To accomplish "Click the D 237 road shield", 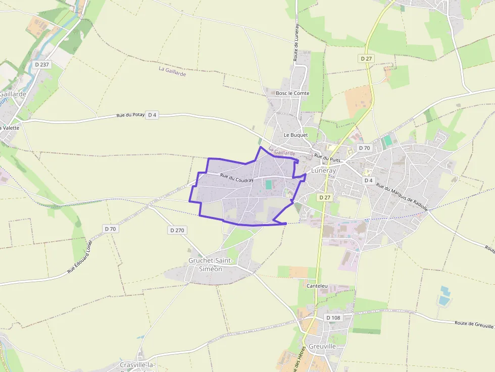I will pyautogui.click(x=42, y=65).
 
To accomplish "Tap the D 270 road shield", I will pyautogui.click(x=177, y=230).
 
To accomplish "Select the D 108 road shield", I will pyautogui.click(x=333, y=317).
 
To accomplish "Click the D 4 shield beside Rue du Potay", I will pyautogui.click(x=153, y=115).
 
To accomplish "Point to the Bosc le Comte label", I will pyautogui.click(x=292, y=93).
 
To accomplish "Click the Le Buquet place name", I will pyautogui.click(x=295, y=135).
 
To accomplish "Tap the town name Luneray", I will pyautogui.click(x=323, y=171).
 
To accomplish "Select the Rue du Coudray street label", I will pyautogui.click(x=236, y=178).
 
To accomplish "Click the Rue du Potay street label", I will pyautogui.click(x=130, y=116).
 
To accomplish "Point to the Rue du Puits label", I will pyautogui.click(x=327, y=158).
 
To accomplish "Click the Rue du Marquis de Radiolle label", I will pyautogui.click(x=402, y=197).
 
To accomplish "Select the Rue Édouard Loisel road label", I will pyautogui.click(x=81, y=257).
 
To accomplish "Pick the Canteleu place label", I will pyautogui.click(x=317, y=286).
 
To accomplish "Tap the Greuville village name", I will pyautogui.click(x=322, y=347).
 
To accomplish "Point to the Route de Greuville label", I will pyautogui.click(x=474, y=324).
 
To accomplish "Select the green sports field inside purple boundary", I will pyautogui.click(x=269, y=185).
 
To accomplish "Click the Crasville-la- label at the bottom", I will pyautogui.click(x=138, y=364).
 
